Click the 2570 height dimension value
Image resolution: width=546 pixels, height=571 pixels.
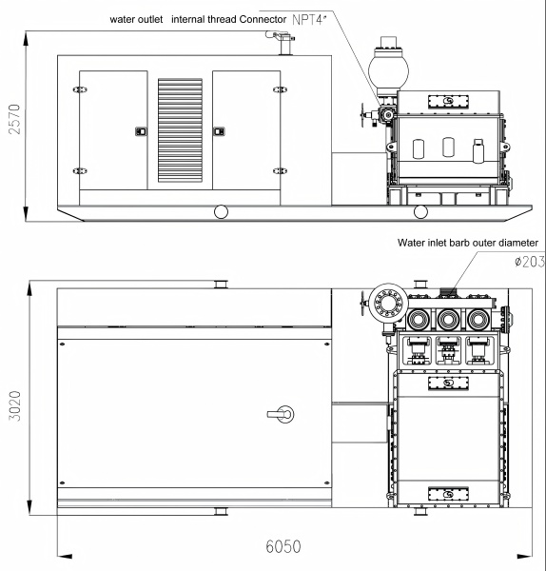[x=14, y=119]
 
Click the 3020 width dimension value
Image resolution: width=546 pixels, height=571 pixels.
[x=14, y=406]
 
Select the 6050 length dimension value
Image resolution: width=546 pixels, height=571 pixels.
[x=283, y=546]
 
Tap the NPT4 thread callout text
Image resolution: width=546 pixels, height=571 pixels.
[x=307, y=20]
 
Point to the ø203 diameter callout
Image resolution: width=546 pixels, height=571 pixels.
[x=530, y=262]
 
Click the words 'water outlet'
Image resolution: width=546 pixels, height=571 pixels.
[x=136, y=19]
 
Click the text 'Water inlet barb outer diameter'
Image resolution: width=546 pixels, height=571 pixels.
[x=468, y=243]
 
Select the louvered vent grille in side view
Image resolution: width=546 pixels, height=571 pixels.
[x=180, y=130]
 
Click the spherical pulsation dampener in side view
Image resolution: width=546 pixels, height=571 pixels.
[x=388, y=70]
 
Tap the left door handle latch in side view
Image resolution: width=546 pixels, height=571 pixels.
[x=141, y=131]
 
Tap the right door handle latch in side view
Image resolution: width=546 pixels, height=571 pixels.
[x=219, y=131]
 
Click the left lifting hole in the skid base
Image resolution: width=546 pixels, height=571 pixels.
[x=221, y=211]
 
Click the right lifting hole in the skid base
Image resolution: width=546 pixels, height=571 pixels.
[x=420, y=211]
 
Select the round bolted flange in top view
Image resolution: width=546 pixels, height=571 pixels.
[x=388, y=303]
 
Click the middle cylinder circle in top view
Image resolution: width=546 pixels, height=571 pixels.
[x=447, y=320]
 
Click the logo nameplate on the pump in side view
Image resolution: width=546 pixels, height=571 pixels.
[x=448, y=102]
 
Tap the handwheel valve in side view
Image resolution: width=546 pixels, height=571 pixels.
[x=363, y=115]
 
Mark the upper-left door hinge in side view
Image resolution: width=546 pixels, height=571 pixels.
[x=80, y=89]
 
